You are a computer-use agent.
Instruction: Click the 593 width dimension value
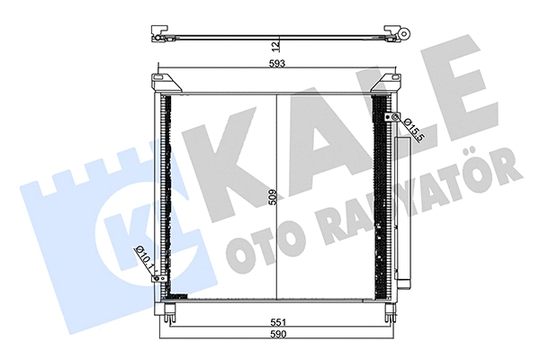[277, 64]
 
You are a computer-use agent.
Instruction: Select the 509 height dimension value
[273, 197]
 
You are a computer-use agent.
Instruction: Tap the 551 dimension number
[278, 322]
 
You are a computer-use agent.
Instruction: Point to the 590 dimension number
[278, 334]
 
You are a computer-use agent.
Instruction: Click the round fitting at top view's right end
[404, 33]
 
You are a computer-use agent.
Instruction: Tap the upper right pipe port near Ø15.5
[392, 117]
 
